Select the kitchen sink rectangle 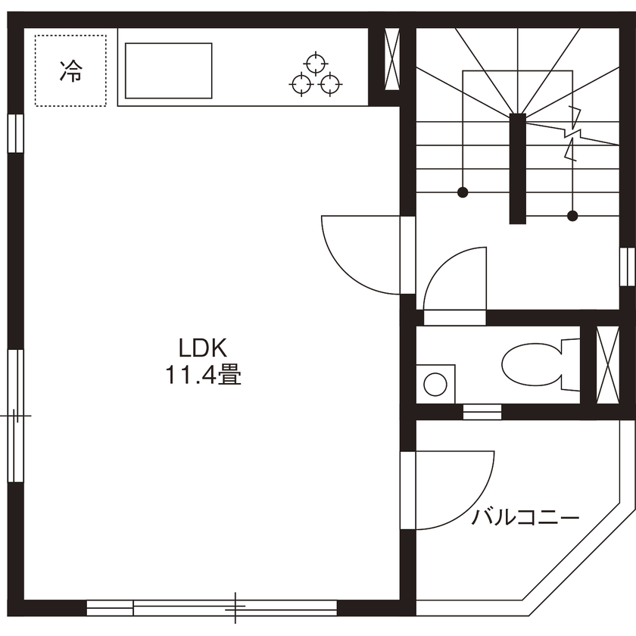168,70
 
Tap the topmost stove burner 314,62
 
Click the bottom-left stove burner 301,84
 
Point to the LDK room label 203,348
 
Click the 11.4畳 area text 203,375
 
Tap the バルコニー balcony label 525,518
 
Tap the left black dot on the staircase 463,192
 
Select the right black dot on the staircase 573,216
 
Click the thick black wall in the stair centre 517,167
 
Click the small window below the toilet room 482,412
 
